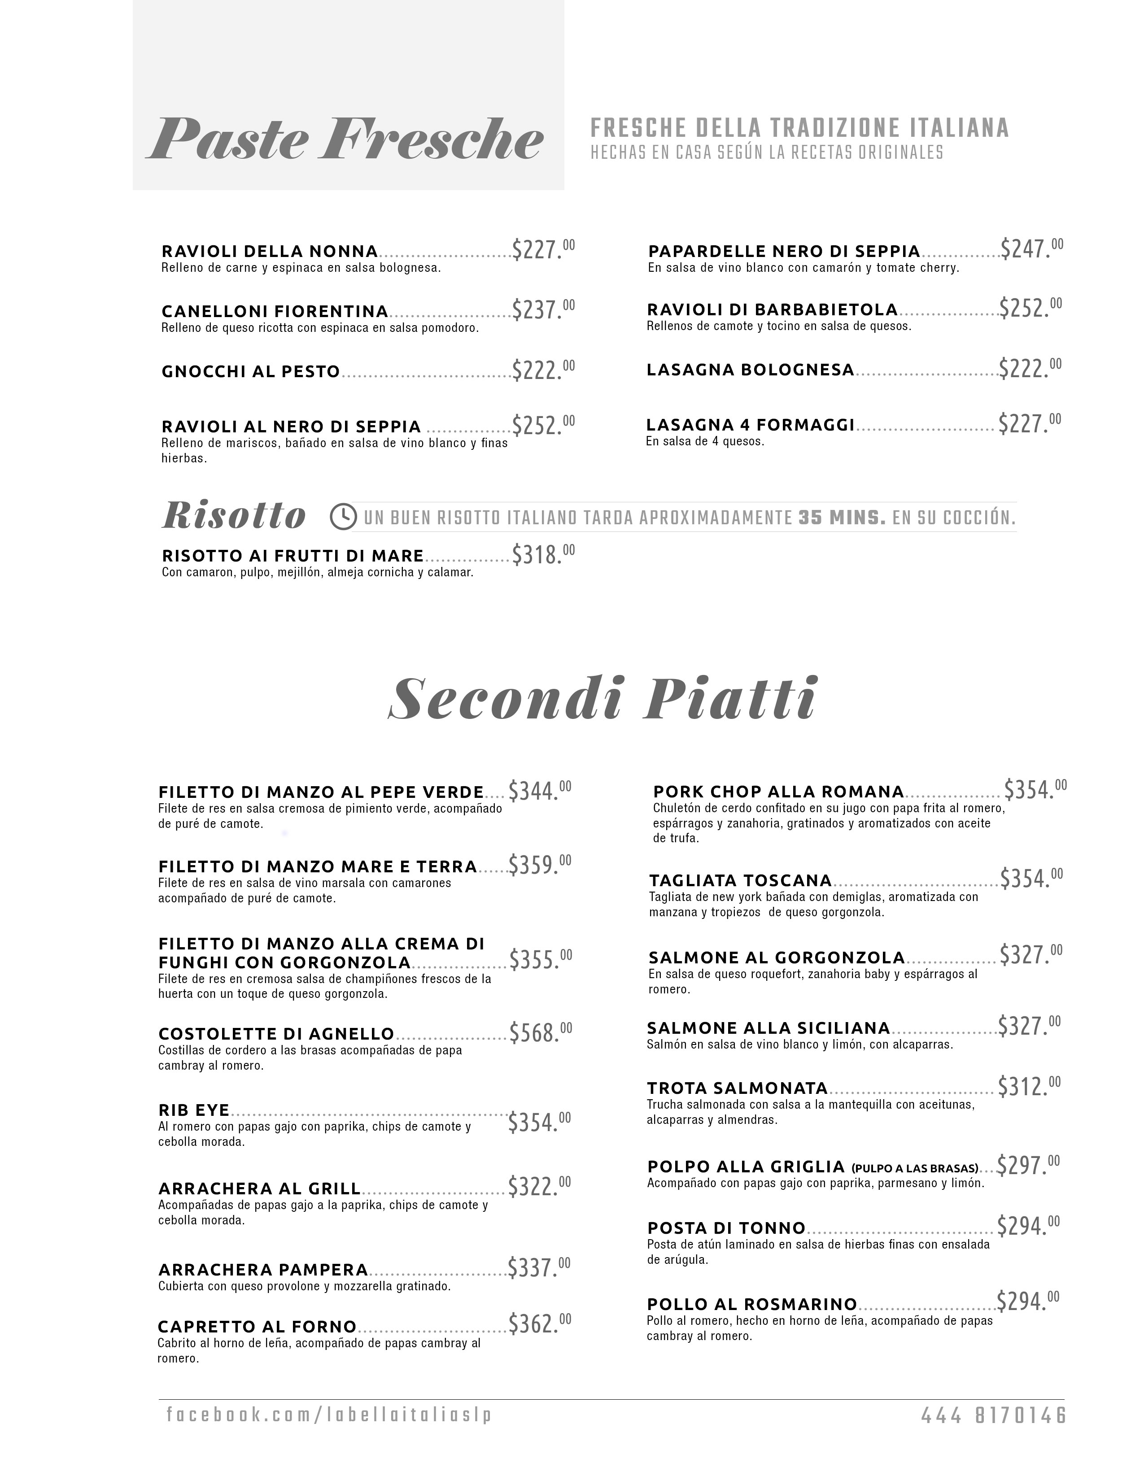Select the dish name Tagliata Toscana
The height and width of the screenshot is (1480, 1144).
pos(740,880)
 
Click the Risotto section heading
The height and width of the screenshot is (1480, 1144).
pos(234,516)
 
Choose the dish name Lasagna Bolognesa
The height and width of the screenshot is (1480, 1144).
pos(750,370)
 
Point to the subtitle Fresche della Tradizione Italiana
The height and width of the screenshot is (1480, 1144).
pos(800,128)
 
